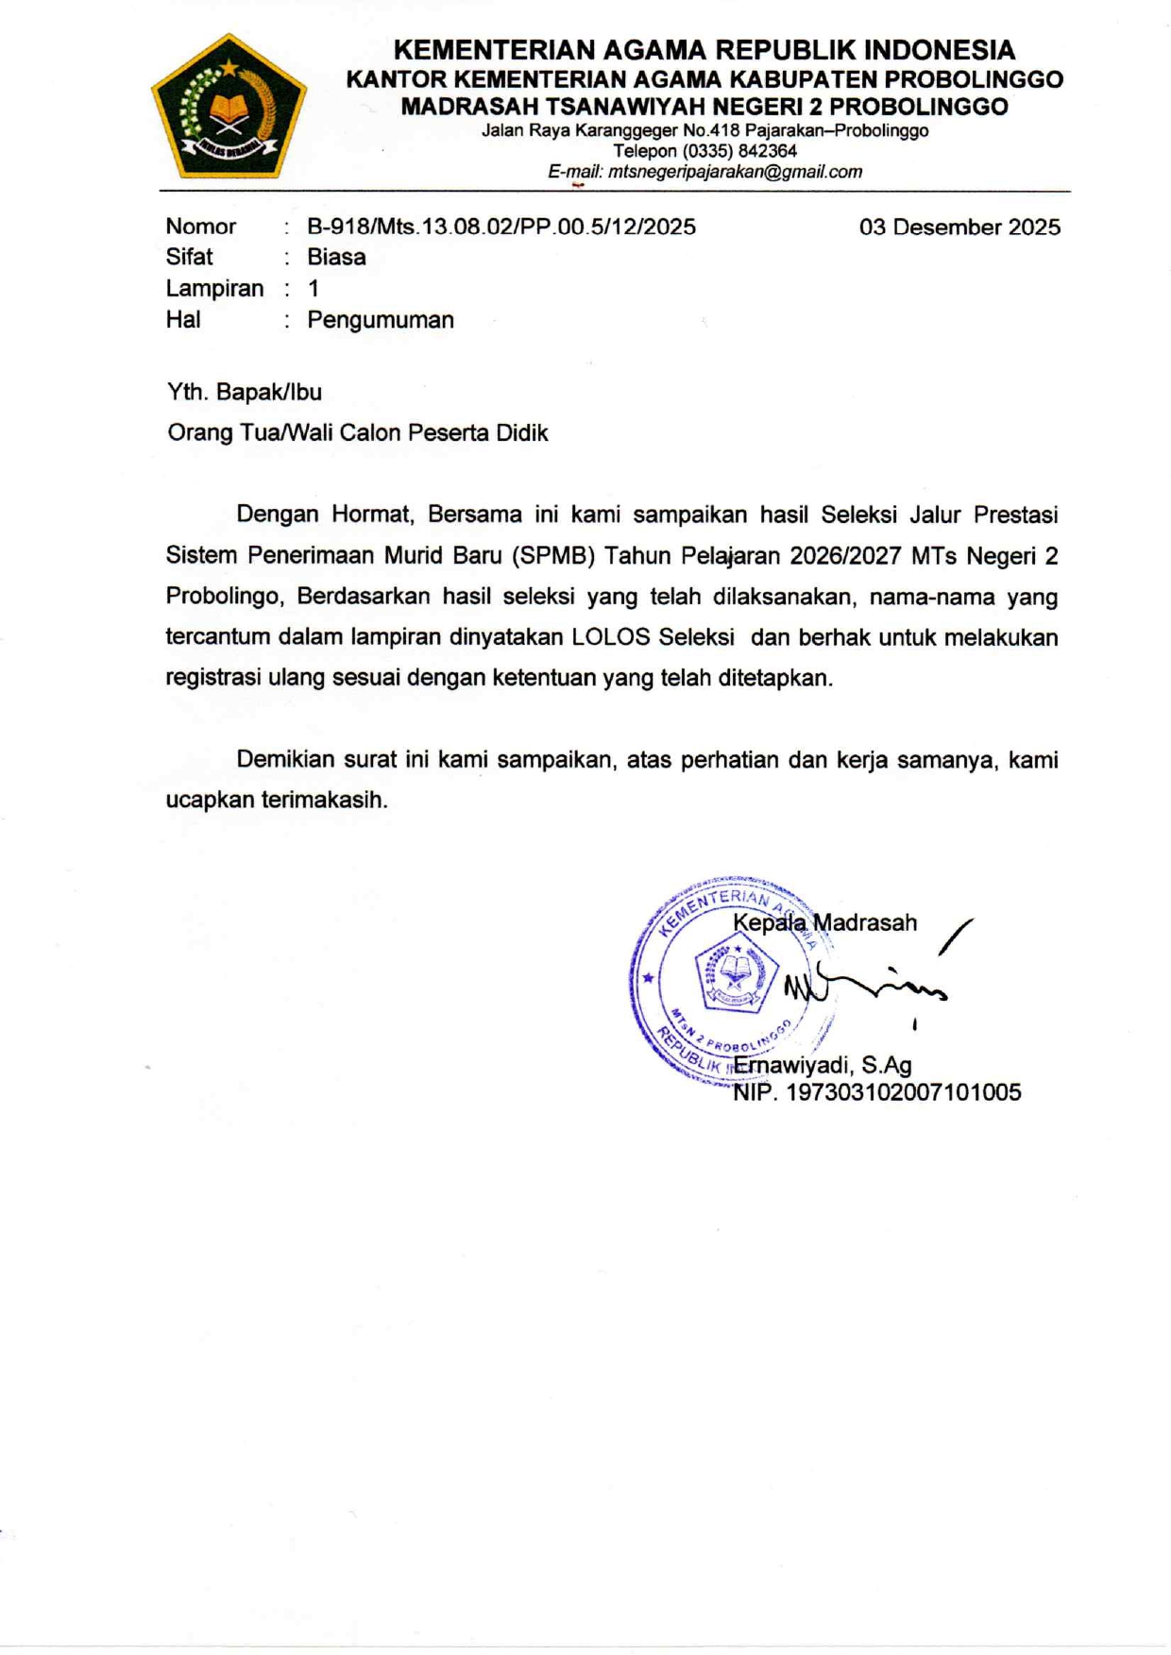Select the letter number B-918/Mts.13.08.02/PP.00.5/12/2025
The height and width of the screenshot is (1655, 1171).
coord(501,227)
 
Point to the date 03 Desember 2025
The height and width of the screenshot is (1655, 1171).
coord(959,228)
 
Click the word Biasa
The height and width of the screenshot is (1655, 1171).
coord(336,257)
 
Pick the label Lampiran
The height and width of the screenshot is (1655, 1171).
coord(214,288)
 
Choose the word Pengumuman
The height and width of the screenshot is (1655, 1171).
coord(381,320)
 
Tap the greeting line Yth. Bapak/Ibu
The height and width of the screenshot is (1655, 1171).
coord(245,392)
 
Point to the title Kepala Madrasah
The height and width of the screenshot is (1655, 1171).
coord(824,922)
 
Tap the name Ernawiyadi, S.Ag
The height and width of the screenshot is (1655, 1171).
coord(822,1065)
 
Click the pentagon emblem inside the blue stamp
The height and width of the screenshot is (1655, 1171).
coord(736,973)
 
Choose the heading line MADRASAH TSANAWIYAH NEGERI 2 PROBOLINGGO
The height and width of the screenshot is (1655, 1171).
coord(704,107)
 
